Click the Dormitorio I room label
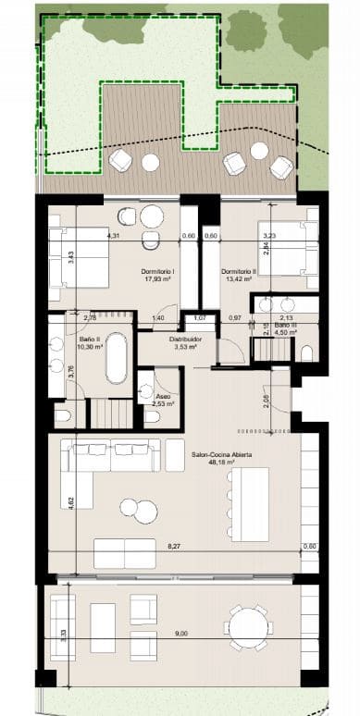pos(159,270)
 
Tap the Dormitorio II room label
pos(238,270)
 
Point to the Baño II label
pos(89,339)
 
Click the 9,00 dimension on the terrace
pos(181,634)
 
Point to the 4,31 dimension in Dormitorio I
pos(113,236)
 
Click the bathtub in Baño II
pos(115,360)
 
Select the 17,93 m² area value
pos(159,278)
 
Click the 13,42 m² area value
pos(238,278)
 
